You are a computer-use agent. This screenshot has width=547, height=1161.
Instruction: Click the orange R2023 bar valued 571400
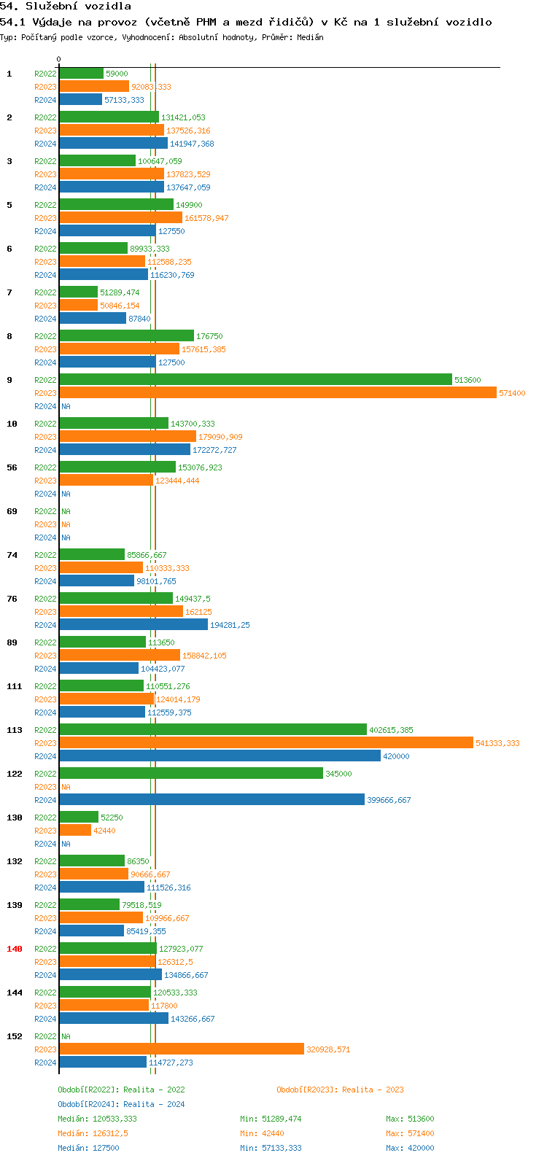[x=277, y=392]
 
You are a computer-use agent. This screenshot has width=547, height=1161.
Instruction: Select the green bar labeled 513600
[x=255, y=379]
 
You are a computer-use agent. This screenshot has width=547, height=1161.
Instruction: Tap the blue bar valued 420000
[x=220, y=756]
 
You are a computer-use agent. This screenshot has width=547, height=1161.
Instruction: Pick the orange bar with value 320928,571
[x=182, y=1049]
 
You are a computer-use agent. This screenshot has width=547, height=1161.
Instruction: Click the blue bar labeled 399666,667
[x=212, y=799]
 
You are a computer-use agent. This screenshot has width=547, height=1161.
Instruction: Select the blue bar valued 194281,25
[x=133, y=624]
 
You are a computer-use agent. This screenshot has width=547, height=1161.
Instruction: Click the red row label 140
[x=15, y=949]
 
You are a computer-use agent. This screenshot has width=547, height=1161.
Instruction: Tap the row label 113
[x=15, y=730]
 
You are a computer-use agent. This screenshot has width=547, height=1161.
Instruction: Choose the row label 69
[x=12, y=511]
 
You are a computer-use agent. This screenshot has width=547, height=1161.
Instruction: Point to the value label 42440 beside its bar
[x=104, y=831]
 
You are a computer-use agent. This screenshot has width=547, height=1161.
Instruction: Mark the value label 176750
[x=210, y=336]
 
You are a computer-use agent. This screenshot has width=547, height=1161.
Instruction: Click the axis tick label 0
[x=59, y=59]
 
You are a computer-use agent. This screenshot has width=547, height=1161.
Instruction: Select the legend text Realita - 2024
[x=154, y=1104]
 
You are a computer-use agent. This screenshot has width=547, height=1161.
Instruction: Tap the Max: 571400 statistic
[x=410, y=1133]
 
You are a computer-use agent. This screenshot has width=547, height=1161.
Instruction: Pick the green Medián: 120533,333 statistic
[x=97, y=1119]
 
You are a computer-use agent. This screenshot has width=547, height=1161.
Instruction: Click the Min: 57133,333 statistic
[x=271, y=1148]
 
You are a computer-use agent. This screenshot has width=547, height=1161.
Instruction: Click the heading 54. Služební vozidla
[x=66, y=7]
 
